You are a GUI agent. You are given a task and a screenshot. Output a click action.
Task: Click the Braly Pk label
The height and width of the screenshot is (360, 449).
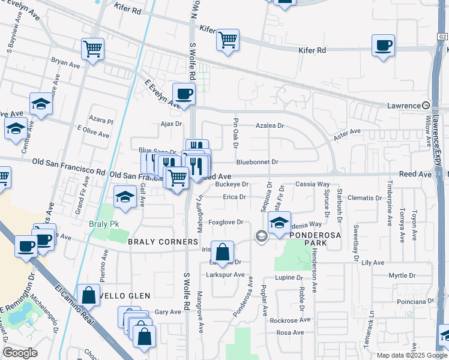(x=101, y=224)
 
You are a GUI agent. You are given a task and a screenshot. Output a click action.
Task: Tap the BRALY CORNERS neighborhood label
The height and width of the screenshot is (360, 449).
(x=163, y=242)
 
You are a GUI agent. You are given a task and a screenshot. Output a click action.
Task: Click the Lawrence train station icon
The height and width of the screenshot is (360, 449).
(x=426, y=105)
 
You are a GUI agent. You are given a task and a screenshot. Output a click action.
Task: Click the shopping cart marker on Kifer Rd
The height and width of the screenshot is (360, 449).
(x=228, y=41)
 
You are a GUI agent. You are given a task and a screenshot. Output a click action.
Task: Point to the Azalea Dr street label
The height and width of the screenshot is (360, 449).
(x=270, y=127)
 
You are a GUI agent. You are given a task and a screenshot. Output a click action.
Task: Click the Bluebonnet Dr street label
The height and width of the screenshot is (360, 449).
(x=257, y=162)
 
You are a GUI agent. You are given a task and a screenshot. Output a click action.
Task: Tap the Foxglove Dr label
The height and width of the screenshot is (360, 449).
(x=225, y=222)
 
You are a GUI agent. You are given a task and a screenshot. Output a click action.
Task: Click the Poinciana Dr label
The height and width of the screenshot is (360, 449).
(x=415, y=301)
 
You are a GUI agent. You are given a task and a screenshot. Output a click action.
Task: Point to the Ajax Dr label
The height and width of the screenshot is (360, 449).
(x=170, y=124)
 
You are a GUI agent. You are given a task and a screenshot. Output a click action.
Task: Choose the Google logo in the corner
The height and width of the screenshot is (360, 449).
(x=20, y=353)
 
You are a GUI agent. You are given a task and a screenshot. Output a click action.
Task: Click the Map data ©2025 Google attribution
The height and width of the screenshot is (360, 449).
(x=411, y=355)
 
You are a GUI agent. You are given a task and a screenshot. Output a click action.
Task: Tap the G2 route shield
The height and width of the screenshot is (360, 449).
(x=442, y=37)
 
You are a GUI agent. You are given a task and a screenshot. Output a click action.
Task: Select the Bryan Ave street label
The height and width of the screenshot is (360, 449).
(x=65, y=63)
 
